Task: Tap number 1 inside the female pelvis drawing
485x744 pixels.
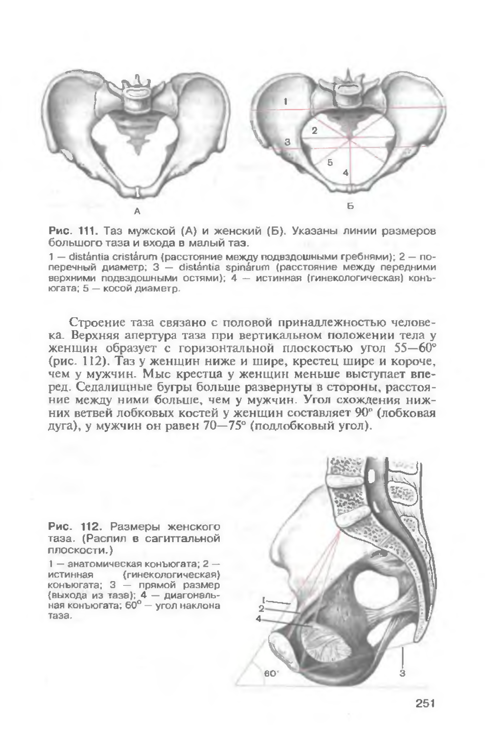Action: [x=286, y=101]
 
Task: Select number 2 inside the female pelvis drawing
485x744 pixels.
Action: [x=314, y=130]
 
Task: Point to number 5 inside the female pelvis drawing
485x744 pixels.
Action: [x=330, y=162]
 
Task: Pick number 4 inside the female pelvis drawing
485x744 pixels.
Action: [x=346, y=173]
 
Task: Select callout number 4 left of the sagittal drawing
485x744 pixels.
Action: [x=258, y=618]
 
